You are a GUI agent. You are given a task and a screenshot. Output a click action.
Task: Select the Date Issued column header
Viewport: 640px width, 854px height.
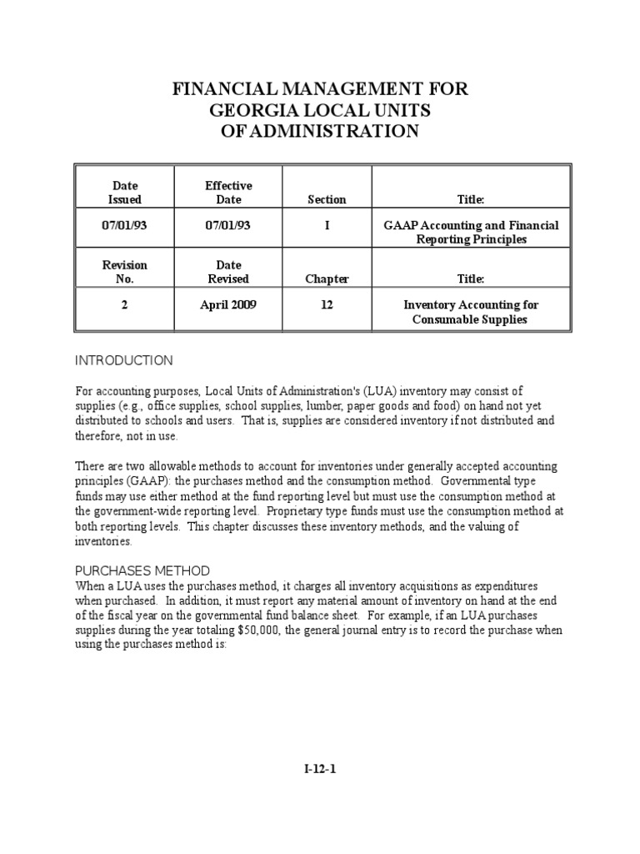point(125,193)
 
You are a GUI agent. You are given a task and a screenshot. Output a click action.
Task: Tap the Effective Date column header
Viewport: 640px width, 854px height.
point(228,193)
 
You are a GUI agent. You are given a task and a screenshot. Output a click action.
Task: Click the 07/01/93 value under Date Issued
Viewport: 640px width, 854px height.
point(125,226)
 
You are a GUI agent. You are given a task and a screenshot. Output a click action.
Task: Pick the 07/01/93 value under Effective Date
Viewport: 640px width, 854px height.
point(228,226)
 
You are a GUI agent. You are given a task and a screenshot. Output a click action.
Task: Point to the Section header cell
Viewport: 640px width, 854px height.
point(327,200)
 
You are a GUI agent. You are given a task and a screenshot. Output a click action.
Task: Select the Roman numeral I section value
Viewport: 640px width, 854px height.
point(327,226)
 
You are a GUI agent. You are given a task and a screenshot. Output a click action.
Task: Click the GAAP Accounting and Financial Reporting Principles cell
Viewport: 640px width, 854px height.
point(471,233)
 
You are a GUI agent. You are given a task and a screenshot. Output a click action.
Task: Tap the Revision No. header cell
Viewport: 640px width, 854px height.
point(125,272)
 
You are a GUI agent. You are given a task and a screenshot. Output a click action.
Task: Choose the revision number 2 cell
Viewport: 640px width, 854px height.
point(125,305)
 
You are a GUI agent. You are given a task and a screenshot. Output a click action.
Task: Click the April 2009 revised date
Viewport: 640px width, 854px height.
point(228,305)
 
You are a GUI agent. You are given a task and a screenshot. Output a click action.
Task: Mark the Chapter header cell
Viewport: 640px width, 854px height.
point(327,279)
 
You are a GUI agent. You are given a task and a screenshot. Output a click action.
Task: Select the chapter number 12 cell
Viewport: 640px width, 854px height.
point(327,305)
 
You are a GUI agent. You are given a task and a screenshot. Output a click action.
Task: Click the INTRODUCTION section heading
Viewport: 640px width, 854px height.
point(124,361)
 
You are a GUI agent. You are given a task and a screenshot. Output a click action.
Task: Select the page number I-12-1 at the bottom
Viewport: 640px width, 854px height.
point(320,770)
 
